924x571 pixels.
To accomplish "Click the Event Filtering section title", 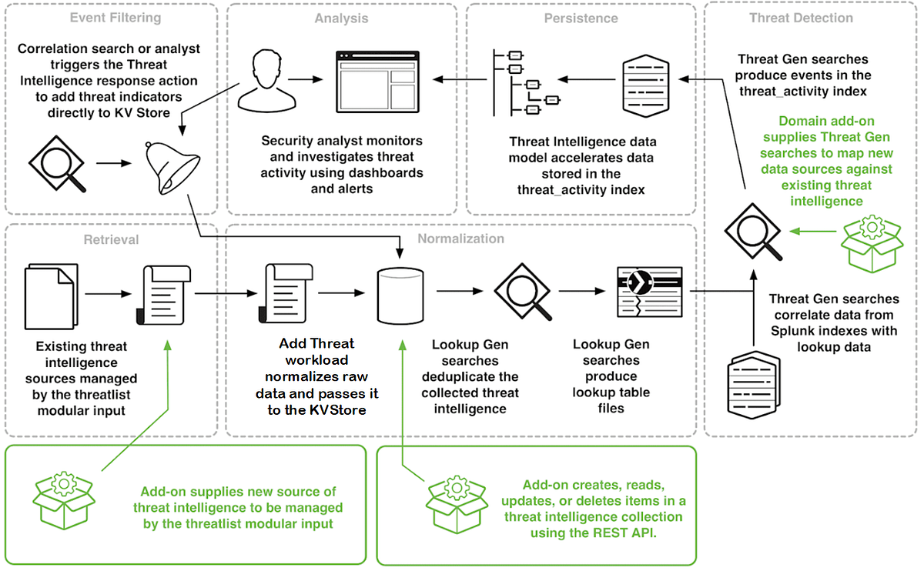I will click(x=115, y=18).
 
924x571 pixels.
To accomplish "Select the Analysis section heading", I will click(x=341, y=18).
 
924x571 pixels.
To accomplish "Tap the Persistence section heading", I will click(x=581, y=18).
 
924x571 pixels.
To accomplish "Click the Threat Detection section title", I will click(x=801, y=18).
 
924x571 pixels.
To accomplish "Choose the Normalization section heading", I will click(x=460, y=239).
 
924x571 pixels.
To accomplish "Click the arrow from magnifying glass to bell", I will click(x=114, y=164).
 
